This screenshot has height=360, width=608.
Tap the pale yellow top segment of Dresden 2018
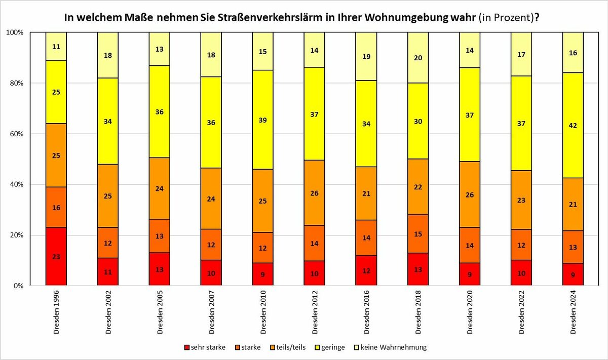(x=418, y=58)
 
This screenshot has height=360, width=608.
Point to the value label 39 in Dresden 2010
(x=263, y=121)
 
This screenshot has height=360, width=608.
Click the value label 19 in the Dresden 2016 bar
(x=366, y=57)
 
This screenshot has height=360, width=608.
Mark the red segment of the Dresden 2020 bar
(x=470, y=274)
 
